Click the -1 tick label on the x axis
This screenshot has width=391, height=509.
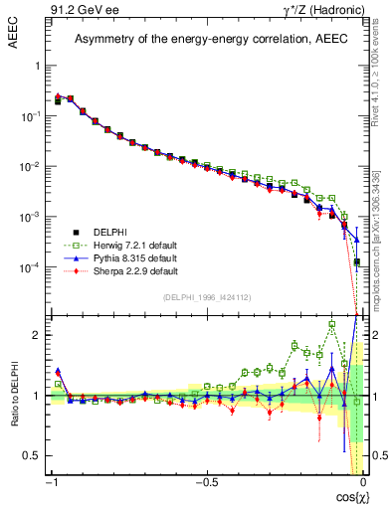(x=52, y=481)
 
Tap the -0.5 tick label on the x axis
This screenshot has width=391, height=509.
(x=205, y=481)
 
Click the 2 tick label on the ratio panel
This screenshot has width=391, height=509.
(x=39, y=335)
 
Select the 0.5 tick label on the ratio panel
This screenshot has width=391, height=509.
(x=35, y=454)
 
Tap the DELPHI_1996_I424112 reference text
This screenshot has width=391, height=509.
(x=206, y=297)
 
